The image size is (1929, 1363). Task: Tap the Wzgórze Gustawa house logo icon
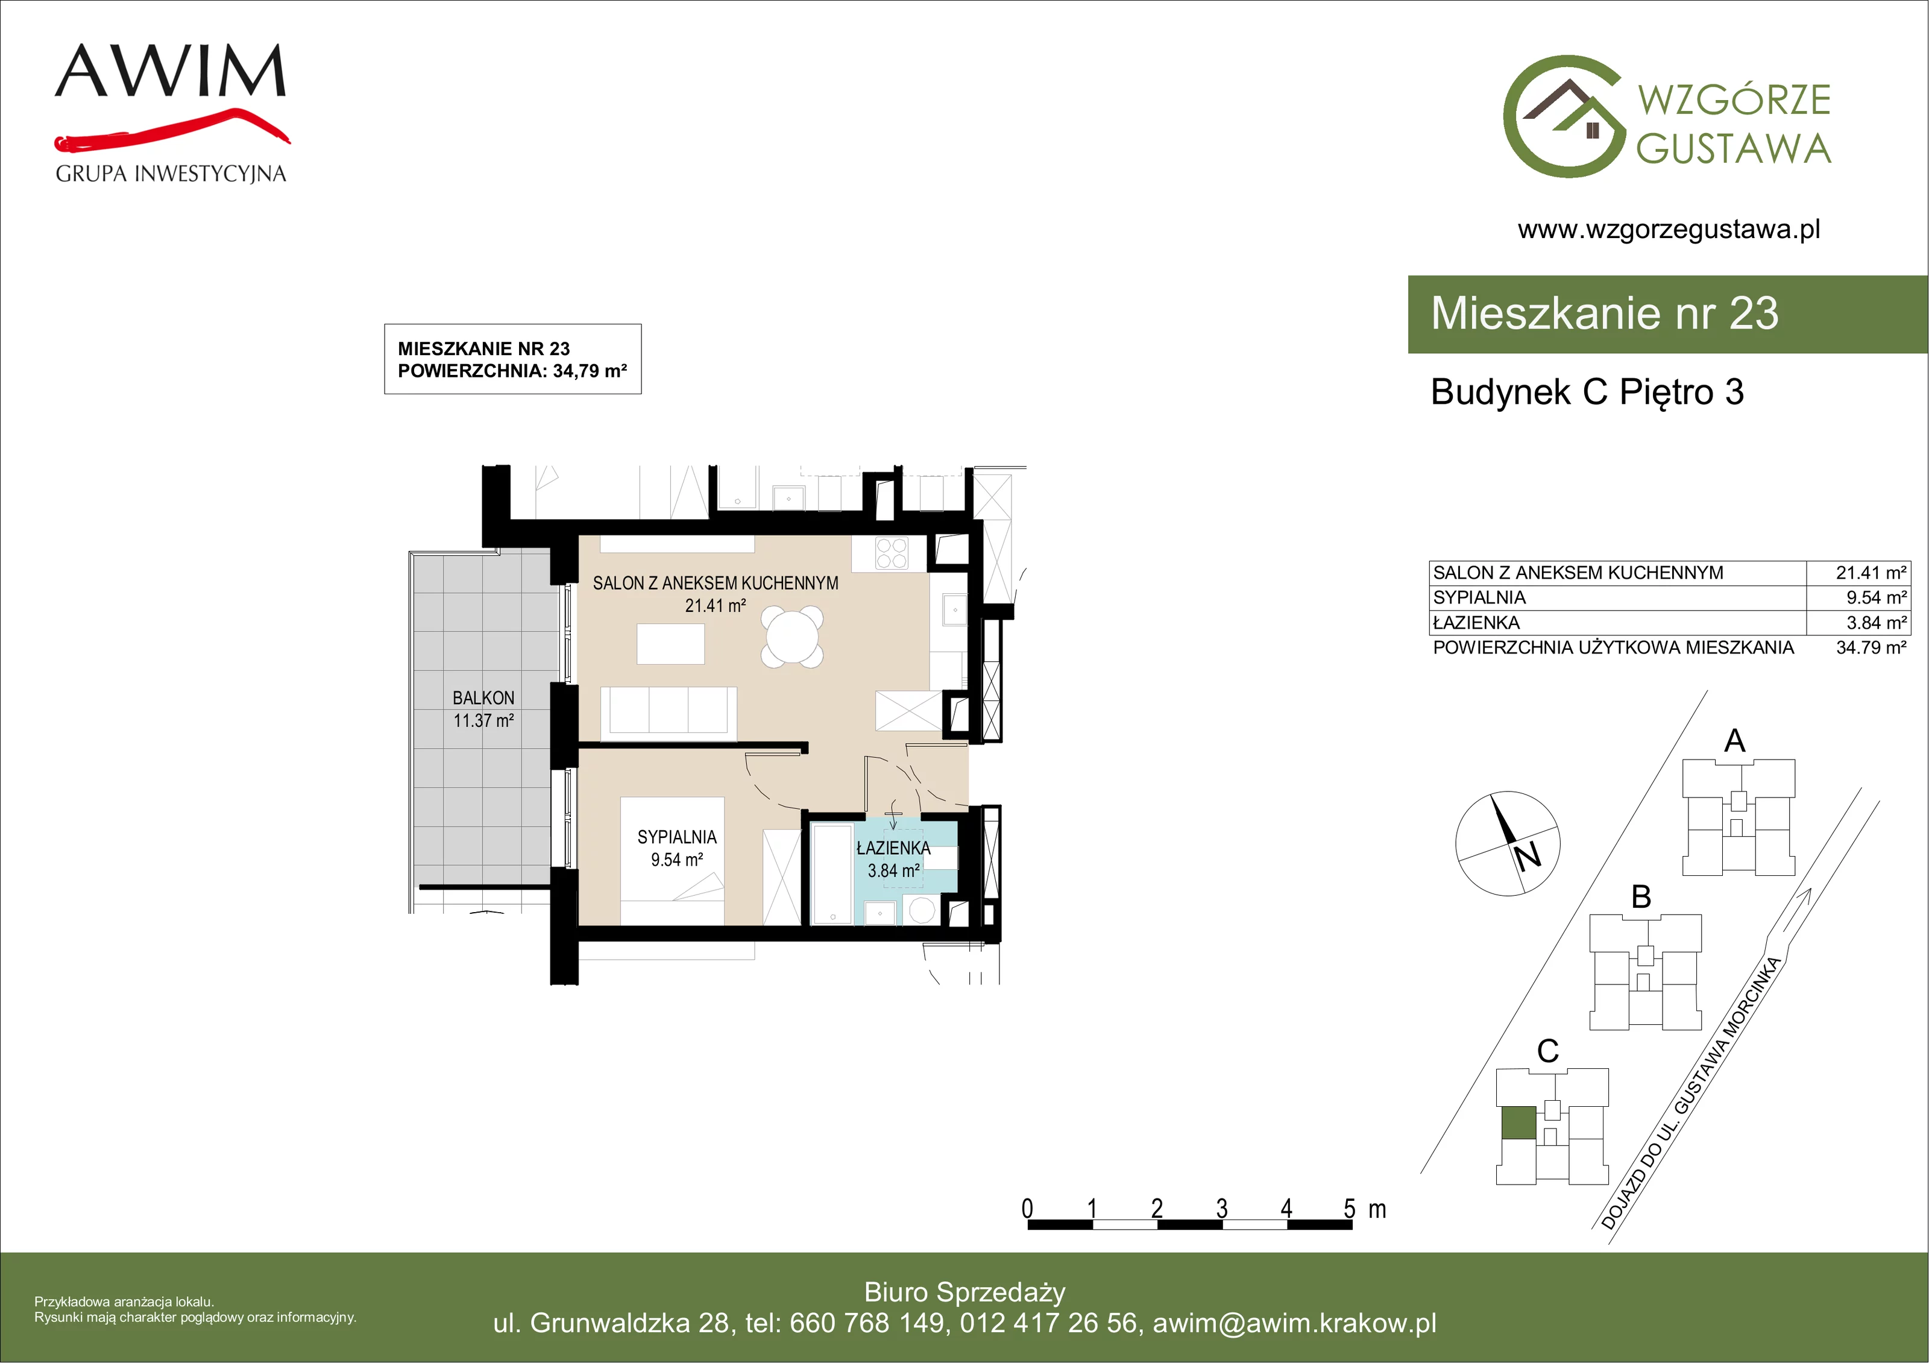(x=1564, y=117)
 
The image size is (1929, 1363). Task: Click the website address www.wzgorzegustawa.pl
(x=1669, y=230)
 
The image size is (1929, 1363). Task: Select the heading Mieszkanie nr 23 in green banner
(x=1605, y=313)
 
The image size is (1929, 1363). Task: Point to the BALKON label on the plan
(x=483, y=697)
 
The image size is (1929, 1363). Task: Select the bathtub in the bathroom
(x=832, y=874)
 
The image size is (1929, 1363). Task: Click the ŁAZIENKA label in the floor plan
(x=893, y=848)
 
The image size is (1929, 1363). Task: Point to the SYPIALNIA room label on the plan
(x=677, y=837)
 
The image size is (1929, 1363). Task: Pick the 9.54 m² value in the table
(x=1876, y=597)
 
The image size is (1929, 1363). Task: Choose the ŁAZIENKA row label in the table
(x=1476, y=623)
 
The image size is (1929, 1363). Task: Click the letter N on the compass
(x=1528, y=856)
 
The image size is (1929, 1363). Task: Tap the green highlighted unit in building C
(x=1518, y=1122)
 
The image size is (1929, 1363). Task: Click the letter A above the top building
(x=1734, y=741)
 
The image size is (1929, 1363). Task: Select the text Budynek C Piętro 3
(x=1587, y=392)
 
